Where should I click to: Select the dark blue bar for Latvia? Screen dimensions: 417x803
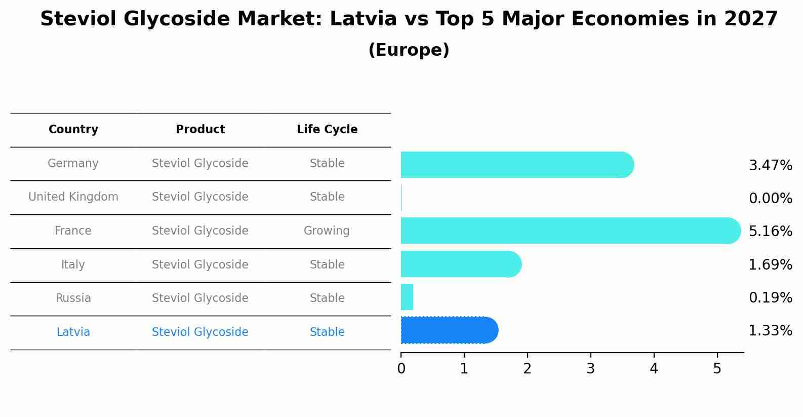[x=449, y=330]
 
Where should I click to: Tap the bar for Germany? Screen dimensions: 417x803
[x=516, y=165]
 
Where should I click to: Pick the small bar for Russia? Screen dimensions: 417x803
[x=407, y=297]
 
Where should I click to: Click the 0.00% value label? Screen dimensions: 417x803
[x=770, y=198]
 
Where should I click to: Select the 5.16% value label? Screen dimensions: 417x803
[x=770, y=231]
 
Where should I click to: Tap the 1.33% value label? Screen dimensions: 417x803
[x=770, y=331]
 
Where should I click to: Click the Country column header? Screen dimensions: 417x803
[x=73, y=129]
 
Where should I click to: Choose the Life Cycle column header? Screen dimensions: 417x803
[x=327, y=129]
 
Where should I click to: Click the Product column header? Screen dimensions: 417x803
[x=200, y=129]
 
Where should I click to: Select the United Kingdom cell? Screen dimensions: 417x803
[x=73, y=197]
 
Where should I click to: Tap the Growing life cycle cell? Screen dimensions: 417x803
[x=327, y=231]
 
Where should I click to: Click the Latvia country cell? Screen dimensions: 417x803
[x=73, y=332]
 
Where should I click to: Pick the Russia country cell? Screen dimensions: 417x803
[x=73, y=298]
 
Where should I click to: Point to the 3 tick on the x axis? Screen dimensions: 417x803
[x=590, y=369]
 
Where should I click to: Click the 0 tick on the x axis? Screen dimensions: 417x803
[x=401, y=369]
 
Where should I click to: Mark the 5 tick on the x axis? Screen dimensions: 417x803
[x=717, y=369]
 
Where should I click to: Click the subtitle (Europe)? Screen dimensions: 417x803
[x=409, y=50]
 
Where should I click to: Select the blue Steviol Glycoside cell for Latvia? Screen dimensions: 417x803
[x=200, y=332]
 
